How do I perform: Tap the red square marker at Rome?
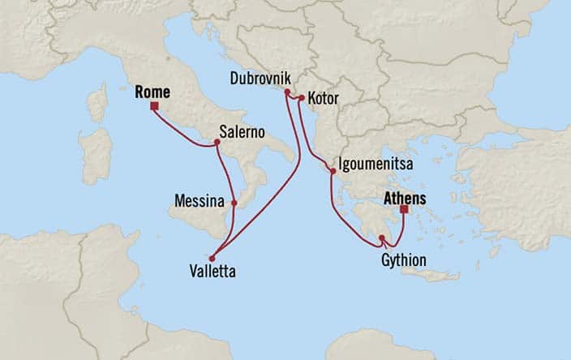point(154,105)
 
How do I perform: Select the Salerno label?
point(243,132)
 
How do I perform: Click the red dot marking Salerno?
point(217,143)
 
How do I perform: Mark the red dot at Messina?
point(234,203)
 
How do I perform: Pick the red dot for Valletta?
point(212,258)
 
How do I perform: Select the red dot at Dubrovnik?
point(286,92)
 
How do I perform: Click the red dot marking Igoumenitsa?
point(333,171)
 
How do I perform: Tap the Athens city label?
point(405,197)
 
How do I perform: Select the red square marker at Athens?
point(404,209)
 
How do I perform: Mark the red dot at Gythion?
point(381,238)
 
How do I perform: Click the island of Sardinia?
point(96,154)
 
